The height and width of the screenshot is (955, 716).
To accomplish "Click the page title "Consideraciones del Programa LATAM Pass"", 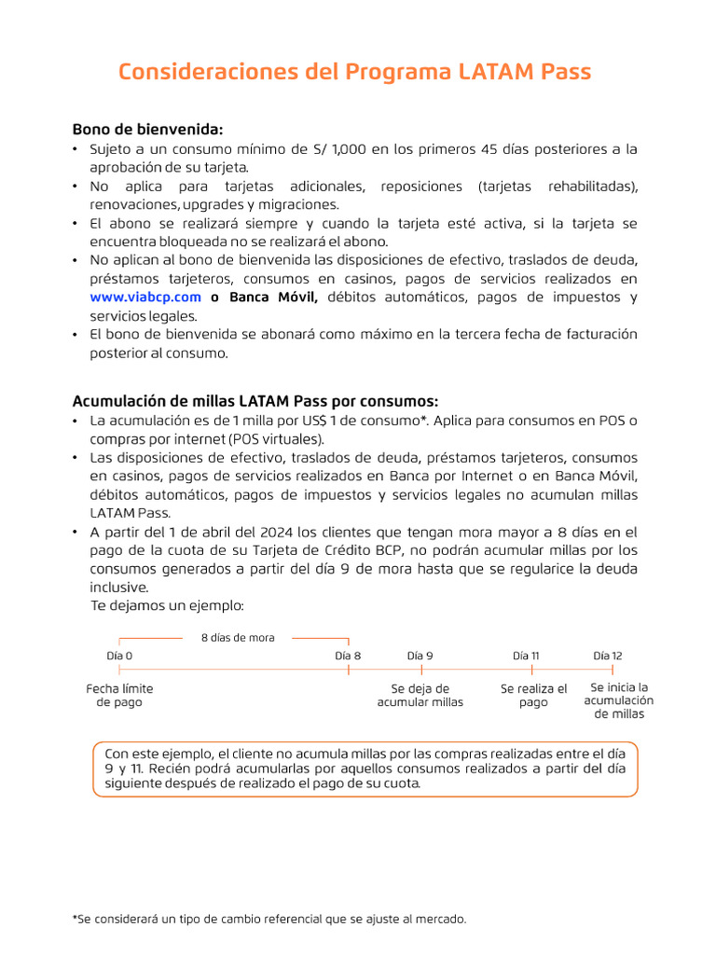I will click(x=354, y=72).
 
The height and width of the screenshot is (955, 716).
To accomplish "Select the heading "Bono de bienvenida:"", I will click(x=148, y=129).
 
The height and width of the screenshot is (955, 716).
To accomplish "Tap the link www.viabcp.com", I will click(x=145, y=298).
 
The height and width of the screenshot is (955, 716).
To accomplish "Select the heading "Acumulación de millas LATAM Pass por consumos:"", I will click(x=255, y=401).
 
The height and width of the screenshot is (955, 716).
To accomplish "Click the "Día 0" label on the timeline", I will click(x=119, y=656).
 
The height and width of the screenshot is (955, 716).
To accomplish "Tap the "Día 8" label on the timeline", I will click(x=348, y=656).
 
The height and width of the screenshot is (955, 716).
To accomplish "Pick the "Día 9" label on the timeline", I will click(x=420, y=656).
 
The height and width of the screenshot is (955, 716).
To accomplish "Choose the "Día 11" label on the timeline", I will click(x=527, y=656).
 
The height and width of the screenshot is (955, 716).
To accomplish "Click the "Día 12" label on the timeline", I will click(x=608, y=656).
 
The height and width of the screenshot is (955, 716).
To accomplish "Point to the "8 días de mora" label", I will click(x=238, y=638).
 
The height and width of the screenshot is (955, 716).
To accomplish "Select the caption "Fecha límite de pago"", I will click(x=119, y=696).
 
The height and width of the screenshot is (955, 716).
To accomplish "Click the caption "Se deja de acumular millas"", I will click(x=420, y=696).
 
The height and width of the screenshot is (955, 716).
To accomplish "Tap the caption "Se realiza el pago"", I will click(x=533, y=696).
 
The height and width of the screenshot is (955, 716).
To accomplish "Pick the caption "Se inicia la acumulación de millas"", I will click(x=619, y=700).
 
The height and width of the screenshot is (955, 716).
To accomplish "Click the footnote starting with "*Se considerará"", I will click(x=269, y=920).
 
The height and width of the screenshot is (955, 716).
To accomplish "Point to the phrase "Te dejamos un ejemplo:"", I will click(x=167, y=606).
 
